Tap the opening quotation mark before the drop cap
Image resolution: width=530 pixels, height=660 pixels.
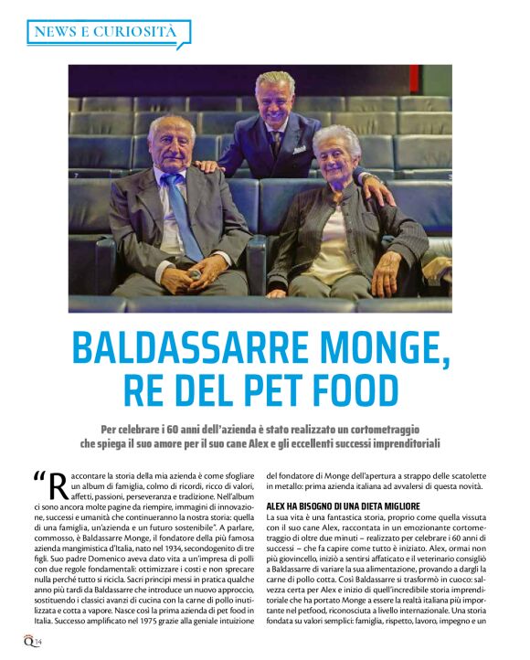(x=38, y=478)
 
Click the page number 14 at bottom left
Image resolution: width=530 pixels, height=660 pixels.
(x=39, y=643)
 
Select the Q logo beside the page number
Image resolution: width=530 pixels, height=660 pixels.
(x=29, y=640)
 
